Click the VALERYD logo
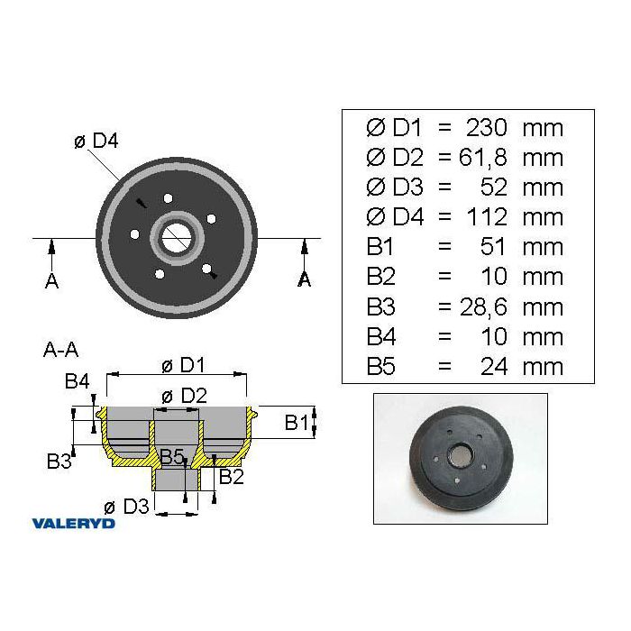pos(73,523)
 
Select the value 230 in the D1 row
pos(486,128)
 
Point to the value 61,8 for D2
pos(482,158)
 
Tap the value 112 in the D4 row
pos(487,217)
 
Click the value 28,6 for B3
pos(483,307)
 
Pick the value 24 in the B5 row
pos(494,367)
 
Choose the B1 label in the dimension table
pos(380,247)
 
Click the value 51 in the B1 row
pos(493,247)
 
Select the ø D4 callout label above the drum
pos(96,141)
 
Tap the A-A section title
pos(60,350)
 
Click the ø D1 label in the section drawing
pos(183,365)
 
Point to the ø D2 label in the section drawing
pos(184,396)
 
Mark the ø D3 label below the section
pos(126,507)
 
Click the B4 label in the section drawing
pos(78,380)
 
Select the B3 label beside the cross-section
pos(59,462)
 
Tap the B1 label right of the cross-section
pos(297,423)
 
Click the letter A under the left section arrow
pos(51,280)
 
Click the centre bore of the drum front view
pos(176,238)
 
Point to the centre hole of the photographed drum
pos(461,454)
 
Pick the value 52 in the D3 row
pos(494,187)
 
